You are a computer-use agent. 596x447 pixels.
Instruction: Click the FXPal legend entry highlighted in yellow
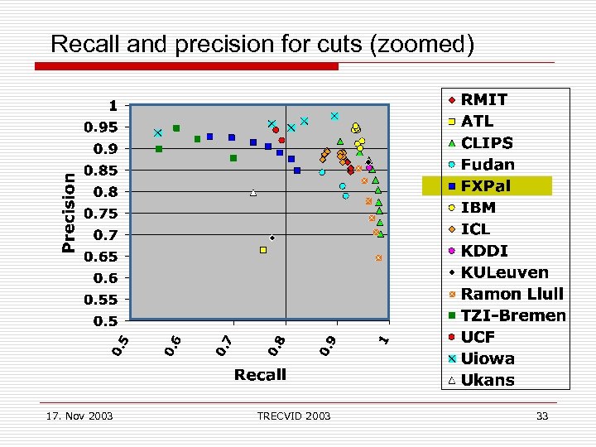[x=486, y=186]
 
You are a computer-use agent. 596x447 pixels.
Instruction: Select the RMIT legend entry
[x=484, y=99]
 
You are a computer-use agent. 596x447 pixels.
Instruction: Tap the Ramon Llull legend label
[x=512, y=294]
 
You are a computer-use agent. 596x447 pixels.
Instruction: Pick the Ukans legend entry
[x=488, y=380]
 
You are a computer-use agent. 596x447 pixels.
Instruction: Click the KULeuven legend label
[x=504, y=272]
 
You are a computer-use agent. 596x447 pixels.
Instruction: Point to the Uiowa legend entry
[x=488, y=358]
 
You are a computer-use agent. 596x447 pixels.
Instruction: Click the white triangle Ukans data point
[x=253, y=193]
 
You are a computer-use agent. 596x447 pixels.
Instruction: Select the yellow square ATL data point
[x=263, y=249]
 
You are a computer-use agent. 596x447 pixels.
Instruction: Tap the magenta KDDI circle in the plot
[x=368, y=168]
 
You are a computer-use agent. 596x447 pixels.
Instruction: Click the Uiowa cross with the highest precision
[x=334, y=116]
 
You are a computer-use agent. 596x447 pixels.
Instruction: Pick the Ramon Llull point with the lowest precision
[x=379, y=258]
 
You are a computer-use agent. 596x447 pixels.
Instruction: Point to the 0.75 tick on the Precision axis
[x=103, y=213]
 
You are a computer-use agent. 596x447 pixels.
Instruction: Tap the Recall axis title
[x=260, y=375]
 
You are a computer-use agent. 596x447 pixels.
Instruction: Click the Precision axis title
[x=70, y=211]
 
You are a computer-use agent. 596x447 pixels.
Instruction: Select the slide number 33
[x=542, y=416]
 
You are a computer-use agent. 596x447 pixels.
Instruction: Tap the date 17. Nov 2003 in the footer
[x=80, y=416]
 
